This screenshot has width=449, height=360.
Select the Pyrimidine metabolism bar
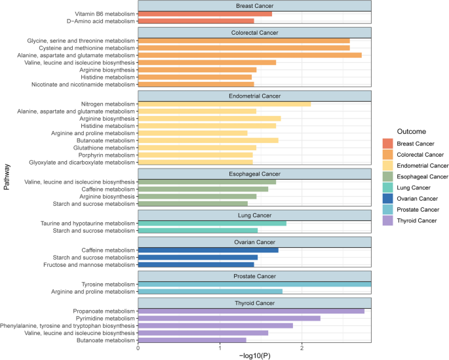pyautogui.click(x=229, y=318)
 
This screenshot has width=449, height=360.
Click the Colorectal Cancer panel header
pyautogui.click(x=254, y=33)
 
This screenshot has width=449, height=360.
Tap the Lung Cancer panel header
pyautogui.click(x=254, y=216)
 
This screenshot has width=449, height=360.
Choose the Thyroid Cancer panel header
pyautogui.click(x=254, y=303)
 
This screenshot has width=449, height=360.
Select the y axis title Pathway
pyautogui.click(x=7, y=178)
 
